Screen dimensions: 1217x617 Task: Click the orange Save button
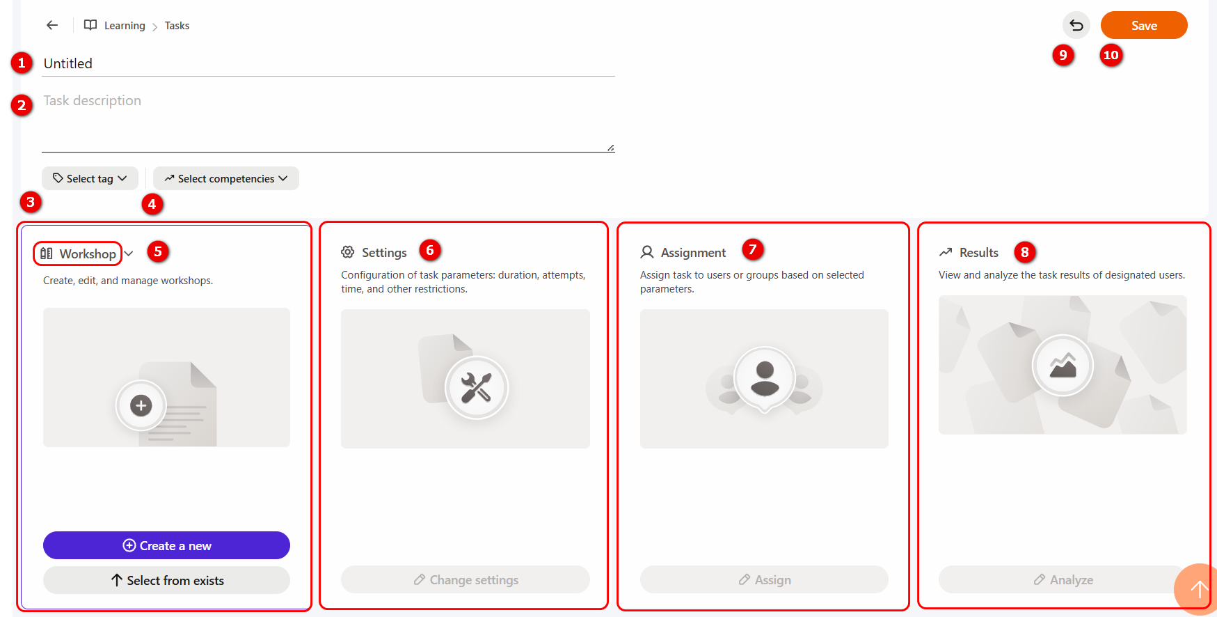[x=1144, y=25]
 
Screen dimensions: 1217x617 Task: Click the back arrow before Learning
[x=52, y=25]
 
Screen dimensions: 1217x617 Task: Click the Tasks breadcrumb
[x=177, y=26]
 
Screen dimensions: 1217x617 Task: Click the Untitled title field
[x=328, y=63]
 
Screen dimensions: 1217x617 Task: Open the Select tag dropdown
[x=90, y=178]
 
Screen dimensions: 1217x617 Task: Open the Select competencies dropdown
[x=226, y=178]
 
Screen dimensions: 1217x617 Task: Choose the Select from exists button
[x=166, y=580]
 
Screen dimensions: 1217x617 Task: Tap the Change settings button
[x=466, y=579]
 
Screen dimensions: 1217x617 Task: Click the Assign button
[x=764, y=579]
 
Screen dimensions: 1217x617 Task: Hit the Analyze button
[x=1063, y=579]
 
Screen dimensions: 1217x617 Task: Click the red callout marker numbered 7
[x=752, y=249]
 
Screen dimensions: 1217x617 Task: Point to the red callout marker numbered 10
[x=1111, y=55]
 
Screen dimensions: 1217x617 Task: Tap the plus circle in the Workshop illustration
[x=141, y=405]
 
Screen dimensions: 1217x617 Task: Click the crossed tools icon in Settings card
[x=477, y=388]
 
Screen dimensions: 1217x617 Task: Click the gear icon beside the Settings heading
[x=348, y=252]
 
